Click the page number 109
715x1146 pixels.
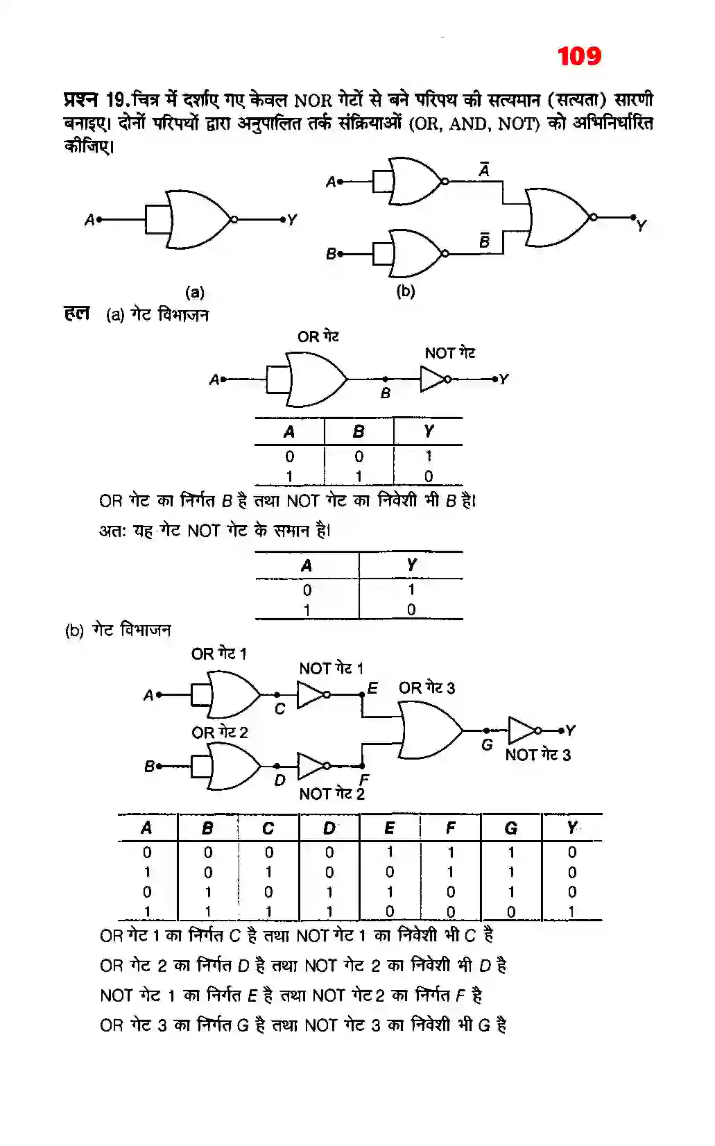(579, 56)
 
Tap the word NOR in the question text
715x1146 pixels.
(313, 101)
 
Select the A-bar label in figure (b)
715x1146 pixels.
(484, 169)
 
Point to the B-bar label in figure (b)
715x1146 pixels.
(484, 240)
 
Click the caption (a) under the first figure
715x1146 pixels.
(195, 292)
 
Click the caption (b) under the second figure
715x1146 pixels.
(406, 291)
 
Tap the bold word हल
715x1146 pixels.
(76, 314)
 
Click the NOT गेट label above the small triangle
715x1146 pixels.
(450, 353)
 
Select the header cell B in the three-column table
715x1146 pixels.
(359, 431)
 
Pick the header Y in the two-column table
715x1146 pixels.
(411, 565)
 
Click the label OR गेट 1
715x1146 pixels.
(218, 653)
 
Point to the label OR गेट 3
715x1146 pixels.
(427, 688)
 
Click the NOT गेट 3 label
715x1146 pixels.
(537, 755)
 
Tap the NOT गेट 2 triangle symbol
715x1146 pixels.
(310, 766)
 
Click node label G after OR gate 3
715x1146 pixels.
(487, 745)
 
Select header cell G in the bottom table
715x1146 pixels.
(511, 828)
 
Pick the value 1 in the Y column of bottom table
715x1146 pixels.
(571, 912)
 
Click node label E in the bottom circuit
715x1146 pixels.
(372, 687)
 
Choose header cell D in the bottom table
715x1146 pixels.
(329, 828)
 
